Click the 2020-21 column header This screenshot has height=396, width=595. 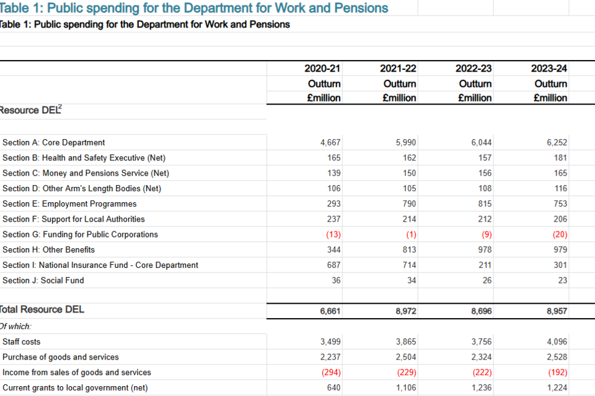[322, 69]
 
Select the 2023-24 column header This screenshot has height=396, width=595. [550, 69]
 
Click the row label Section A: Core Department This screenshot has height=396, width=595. [54, 142]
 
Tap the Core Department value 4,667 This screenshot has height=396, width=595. [330, 142]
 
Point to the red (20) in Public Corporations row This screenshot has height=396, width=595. [559, 235]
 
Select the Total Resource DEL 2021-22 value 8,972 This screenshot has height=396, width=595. [406, 311]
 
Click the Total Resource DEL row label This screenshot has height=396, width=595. [42, 309]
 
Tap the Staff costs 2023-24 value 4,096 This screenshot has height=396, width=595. [557, 342]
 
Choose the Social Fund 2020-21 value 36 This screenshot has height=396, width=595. [335, 280]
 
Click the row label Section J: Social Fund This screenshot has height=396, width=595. [43, 280]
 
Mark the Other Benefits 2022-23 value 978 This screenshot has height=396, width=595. [485, 250]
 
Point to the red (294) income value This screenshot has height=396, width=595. [330, 372]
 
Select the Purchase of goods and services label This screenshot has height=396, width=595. [61, 357]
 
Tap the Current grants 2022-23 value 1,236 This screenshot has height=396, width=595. [482, 388]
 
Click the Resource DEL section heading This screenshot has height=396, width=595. [30, 111]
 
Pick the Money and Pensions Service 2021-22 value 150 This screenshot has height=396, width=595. [409, 173]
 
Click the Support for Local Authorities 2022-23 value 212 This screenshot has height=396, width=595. [485, 219]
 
